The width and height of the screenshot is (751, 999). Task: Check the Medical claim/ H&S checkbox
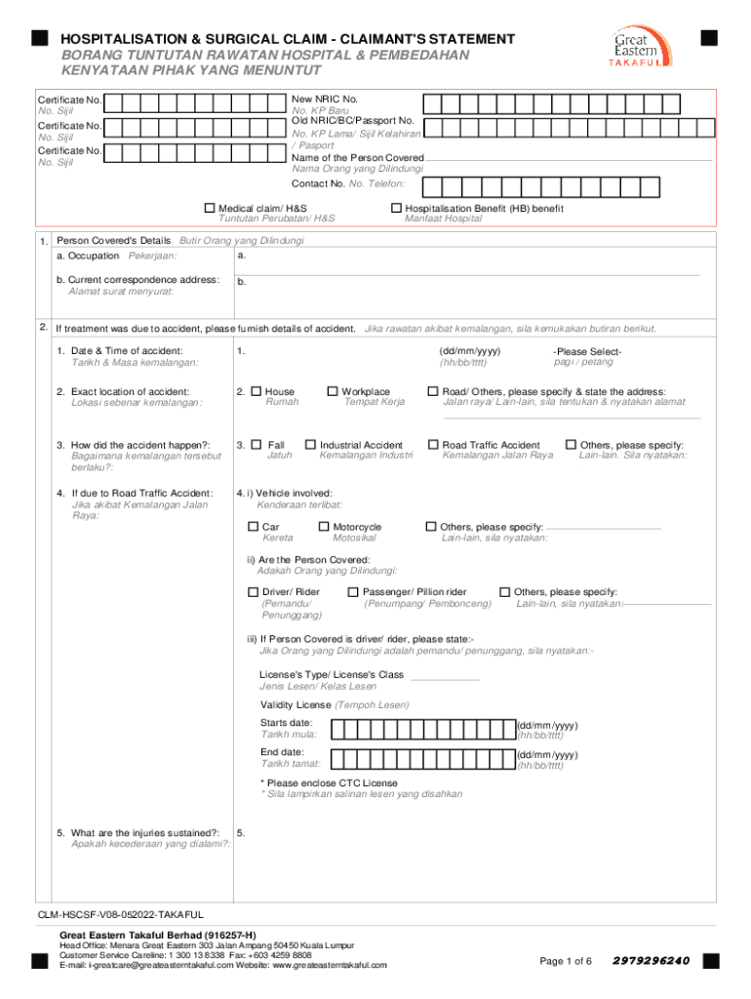tap(209, 208)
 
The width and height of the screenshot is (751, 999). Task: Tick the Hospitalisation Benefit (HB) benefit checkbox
tap(396, 208)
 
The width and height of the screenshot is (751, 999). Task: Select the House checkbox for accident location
tap(257, 391)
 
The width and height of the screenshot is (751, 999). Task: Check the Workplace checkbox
tap(333, 391)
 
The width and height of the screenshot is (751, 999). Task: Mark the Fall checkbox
tap(257, 445)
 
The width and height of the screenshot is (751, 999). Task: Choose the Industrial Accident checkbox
tap(311, 445)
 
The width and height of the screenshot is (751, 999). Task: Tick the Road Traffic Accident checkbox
tap(433, 445)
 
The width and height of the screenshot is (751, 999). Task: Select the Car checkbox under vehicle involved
tap(254, 527)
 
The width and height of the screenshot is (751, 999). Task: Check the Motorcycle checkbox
tap(324, 527)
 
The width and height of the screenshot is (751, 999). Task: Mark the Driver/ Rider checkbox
tap(254, 592)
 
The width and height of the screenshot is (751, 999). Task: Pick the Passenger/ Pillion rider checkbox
tap(353, 592)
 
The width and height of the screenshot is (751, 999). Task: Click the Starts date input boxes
tap(423, 730)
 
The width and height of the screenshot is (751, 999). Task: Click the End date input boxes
tap(423, 759)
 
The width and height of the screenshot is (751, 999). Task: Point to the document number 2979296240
tap(652, 961)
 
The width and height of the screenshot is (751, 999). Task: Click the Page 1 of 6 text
tap(566, 962)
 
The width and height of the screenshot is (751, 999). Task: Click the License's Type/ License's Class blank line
tap(446, 676)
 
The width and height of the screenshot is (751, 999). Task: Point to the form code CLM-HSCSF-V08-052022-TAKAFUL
tap(121, 914)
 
